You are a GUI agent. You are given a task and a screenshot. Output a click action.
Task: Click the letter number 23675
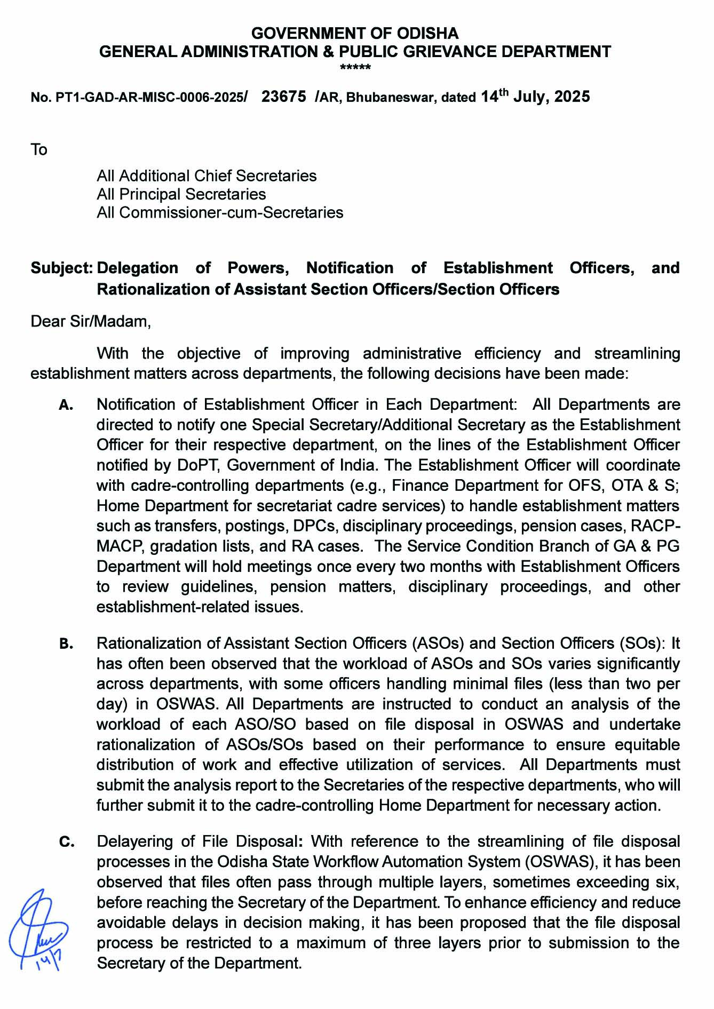pyautogui.click(x=284, y=97)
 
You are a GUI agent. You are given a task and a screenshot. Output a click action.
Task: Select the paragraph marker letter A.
pyautogui.click(x=66, y=406)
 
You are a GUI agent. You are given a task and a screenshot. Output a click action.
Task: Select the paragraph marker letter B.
pyautogui.click(x=66, y=645)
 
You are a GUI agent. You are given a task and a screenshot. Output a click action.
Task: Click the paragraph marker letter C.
pyautogui.click(x=66, y=843)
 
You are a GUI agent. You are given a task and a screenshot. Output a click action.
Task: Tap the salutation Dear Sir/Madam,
pyautogui.click(x=91, y=322)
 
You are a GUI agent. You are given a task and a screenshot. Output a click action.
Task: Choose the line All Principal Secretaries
pyautogui.click(x=181, y=194)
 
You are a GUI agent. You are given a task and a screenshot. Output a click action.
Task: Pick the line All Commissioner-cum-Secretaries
pyautogui.click(x=220, y=212)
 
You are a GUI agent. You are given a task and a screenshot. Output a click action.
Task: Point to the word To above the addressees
pyautogui.click(x=39, y=150)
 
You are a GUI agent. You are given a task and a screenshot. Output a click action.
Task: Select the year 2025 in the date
pyautogui.click(x=572, y=97)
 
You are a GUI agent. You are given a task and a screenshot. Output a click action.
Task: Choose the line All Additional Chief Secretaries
pyautogui.click(x=207, y=176)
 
